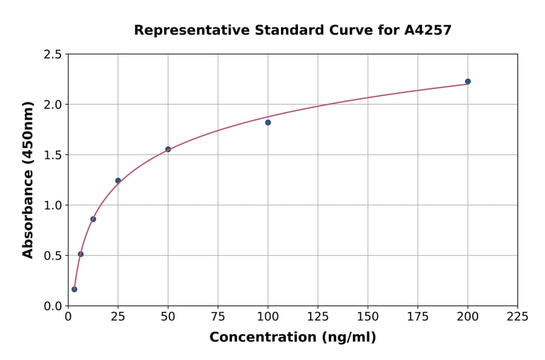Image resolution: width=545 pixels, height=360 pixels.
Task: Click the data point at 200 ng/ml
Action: coord(467,81)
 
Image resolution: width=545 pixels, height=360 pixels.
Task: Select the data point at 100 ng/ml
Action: coord(268,122)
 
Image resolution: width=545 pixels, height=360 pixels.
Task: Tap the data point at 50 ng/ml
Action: coord(168,149)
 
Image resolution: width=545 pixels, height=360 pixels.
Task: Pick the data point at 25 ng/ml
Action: coord(118,181)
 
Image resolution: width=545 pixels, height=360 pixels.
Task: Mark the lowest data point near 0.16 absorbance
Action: coord(74,289)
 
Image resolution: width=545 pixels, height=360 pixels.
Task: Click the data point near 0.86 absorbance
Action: coord(93,219)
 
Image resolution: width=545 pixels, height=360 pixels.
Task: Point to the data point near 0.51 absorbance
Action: coord(81,254)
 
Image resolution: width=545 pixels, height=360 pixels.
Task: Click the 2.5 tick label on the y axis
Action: coord(53,55)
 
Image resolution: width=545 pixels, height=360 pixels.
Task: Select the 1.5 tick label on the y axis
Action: coord(53,155)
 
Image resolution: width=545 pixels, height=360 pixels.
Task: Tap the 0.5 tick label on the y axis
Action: coord(53,256)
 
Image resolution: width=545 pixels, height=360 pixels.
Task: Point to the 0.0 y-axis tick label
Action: coord(53,306)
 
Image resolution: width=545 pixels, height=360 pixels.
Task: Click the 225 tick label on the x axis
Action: coord(517,317)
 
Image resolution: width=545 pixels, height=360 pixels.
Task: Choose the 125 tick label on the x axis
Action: coord(317,317)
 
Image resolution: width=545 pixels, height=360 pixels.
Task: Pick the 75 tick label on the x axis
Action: coord(218,317)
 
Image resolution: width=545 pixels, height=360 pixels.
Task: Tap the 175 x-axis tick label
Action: coord(417,317)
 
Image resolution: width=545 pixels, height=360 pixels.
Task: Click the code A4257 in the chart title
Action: coord(428,30)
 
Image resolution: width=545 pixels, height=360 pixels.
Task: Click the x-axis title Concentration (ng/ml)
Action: coord(292,337)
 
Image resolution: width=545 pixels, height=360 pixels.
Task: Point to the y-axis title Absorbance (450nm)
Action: coord(28,179)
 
